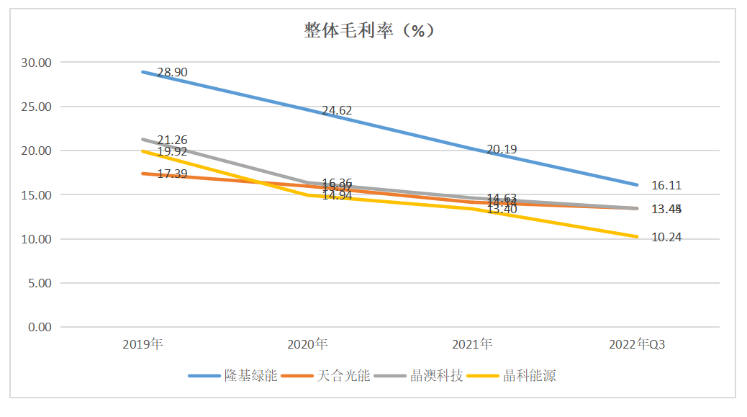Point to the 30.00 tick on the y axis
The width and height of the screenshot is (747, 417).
point(37,63)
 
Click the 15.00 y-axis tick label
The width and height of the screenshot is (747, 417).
point(37,195)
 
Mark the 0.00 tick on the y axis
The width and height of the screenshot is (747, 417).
point(40,327)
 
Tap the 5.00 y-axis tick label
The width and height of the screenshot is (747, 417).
point(40,283)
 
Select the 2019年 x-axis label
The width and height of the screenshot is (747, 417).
point(142,344)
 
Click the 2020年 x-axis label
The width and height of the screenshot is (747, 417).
point(307,344)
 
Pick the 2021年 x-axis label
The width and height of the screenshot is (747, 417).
point(472,344)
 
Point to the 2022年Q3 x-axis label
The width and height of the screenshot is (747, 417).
point(637,344)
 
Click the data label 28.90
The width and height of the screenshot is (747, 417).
point(172,73)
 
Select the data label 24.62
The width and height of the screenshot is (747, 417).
point(337,111)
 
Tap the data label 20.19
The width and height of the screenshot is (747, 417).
point(502,150)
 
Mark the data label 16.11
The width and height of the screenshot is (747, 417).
point(666,185)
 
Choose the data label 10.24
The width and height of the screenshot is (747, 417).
point(666,237)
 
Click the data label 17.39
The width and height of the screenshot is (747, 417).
point(172,174)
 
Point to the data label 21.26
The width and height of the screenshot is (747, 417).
point(172,140)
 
